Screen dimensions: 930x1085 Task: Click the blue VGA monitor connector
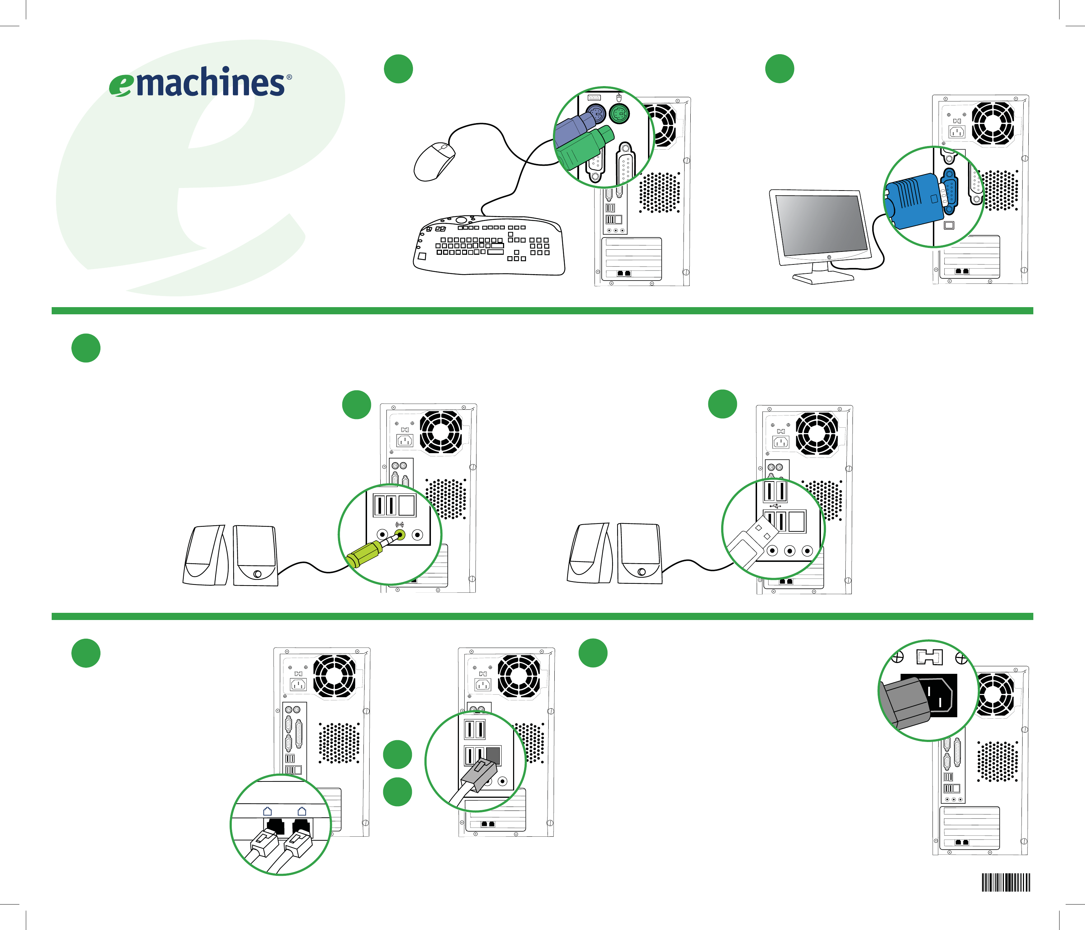click(x=914, y=202)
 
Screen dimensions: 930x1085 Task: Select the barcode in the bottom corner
click(x=1005, y=882)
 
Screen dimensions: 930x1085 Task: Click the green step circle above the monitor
click(x=779, y=69)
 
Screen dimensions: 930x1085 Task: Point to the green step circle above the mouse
click(x=398, y=69)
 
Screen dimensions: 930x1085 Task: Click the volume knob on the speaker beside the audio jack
click(x=257, y=574)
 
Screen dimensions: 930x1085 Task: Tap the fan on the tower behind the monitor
click(x=993, y=123)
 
